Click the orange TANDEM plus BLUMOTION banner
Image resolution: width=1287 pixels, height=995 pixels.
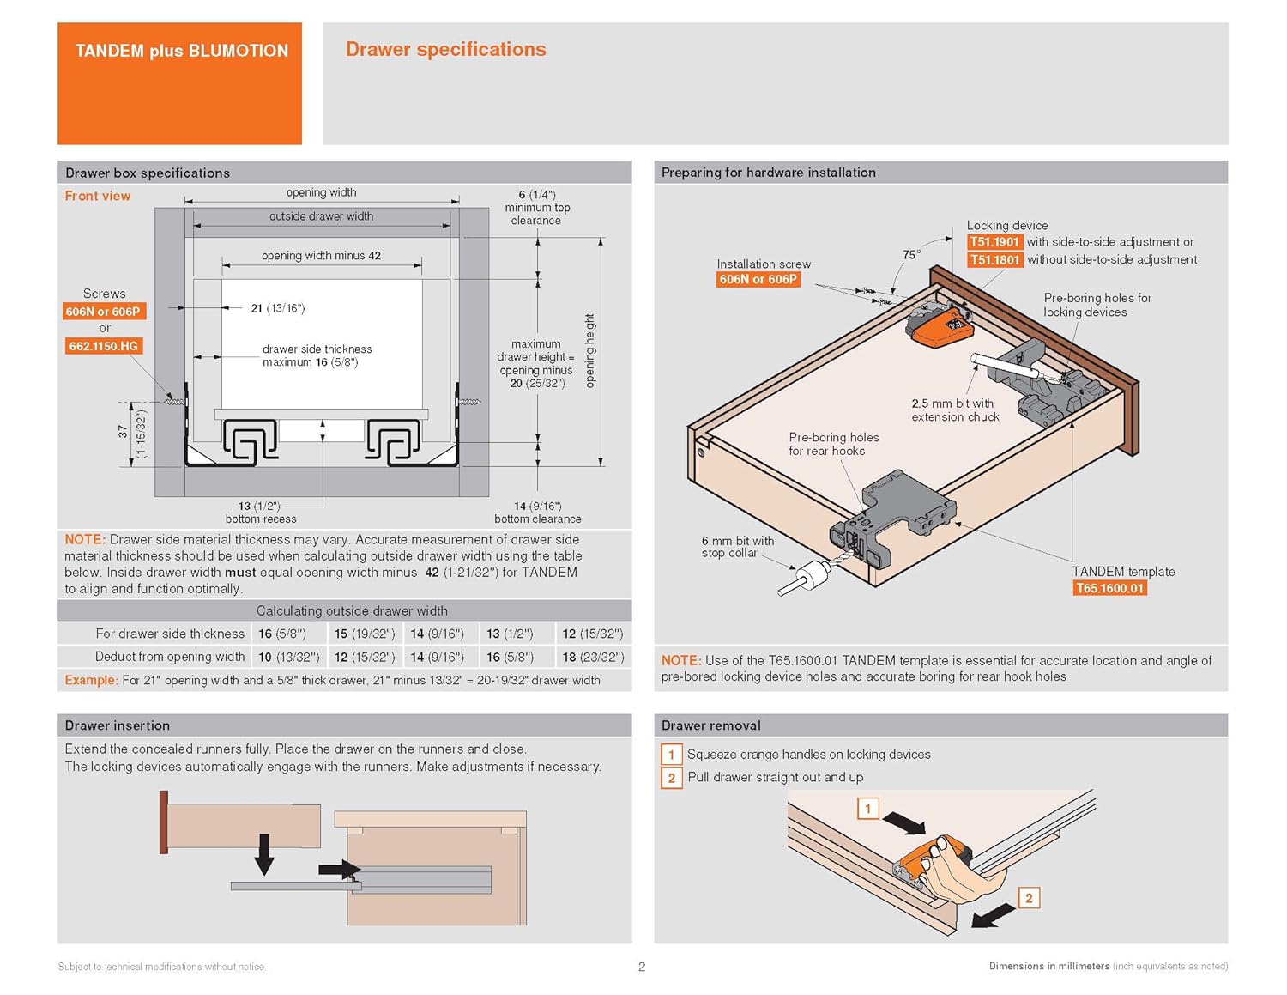point(180,83)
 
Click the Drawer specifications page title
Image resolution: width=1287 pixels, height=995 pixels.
point(445,50)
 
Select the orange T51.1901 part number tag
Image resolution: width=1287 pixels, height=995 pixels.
point(994,242)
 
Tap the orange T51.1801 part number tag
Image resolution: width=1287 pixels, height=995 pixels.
point(994,260)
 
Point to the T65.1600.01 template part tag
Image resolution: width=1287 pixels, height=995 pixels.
point(1110,588)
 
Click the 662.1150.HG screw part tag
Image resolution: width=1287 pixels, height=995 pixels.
point(103,346)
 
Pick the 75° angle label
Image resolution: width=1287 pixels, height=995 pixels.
point(911,254)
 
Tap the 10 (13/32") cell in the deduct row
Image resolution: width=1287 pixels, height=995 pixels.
point(289,657)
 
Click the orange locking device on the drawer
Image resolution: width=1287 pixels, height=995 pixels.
point(940,328)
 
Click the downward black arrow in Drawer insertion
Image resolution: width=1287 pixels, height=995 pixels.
point(264,854)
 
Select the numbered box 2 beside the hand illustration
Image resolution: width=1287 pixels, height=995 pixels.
point(1029,898)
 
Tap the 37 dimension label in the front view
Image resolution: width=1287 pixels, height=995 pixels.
point(123,432)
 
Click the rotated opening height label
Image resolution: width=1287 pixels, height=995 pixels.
point(589,350)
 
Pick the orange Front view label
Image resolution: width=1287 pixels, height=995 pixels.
point(98,196)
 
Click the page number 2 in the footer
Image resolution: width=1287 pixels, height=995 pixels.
point(642,967)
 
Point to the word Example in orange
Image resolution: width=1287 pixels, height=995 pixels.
point(90,680)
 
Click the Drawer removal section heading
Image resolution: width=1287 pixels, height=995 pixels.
point(710,725)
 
